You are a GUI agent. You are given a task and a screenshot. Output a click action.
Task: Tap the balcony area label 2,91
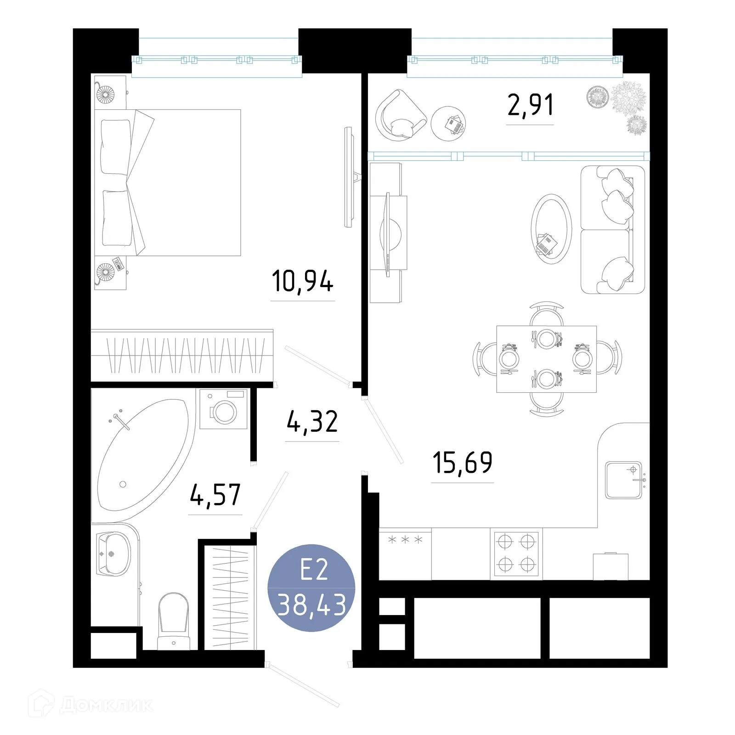coord(530,105)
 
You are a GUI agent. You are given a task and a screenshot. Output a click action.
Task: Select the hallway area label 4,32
coord(312,422)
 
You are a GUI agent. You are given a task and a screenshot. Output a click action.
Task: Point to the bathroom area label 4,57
coord(215,495)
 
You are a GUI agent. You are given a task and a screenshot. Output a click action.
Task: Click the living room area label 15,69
coord(462,463)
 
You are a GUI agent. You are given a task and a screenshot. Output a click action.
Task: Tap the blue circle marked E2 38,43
coord(311,588)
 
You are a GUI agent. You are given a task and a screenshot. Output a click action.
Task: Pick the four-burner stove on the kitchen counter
coord(516,553)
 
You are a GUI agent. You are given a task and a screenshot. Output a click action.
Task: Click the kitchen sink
coord(623,480)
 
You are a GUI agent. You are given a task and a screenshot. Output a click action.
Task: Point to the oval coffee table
coord(551,228)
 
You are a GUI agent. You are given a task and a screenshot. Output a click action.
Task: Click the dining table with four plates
coord(546,359)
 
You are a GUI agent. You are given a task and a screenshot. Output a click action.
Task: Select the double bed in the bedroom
coord(170,182)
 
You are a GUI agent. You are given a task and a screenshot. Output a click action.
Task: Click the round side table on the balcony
coord(448,124)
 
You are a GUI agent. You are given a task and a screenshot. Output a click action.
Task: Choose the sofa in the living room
coord(612,230)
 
